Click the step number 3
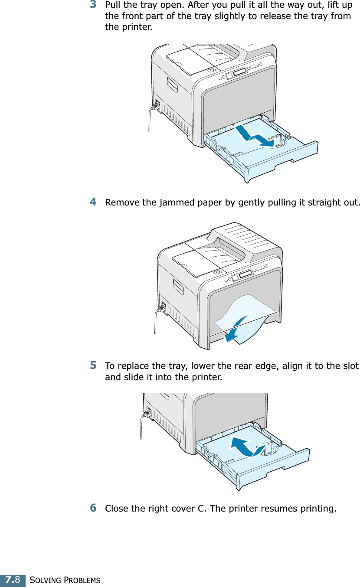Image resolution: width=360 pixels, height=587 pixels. click(93, 5)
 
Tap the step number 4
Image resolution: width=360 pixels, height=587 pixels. click(93, 202)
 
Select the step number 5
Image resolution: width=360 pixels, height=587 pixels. click(93, 365)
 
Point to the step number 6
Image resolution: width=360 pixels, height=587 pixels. click(93, 507)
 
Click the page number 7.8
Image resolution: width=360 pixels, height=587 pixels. click(13, 580)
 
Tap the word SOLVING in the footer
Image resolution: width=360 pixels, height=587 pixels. click(44, 580)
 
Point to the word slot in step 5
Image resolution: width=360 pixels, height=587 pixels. click(350, 366)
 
